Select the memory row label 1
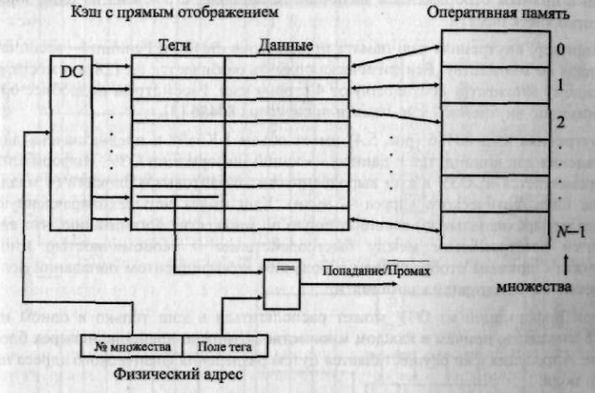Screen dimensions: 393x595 coord(562,85)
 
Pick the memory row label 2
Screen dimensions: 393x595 coord(562,122)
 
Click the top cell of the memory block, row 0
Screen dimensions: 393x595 coord(497,49)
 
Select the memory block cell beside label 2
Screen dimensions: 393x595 coord(497,122)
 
